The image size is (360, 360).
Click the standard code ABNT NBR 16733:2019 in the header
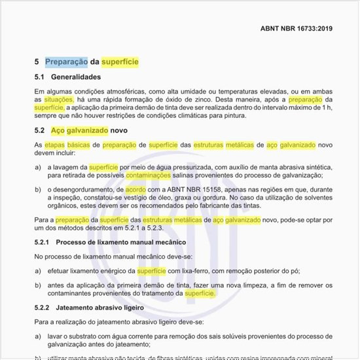click(x=297, y=29)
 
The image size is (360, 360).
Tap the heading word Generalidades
click(x=77, y=77)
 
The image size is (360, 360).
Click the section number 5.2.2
click(x=42, y=308)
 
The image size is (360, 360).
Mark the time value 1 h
click(x=327, y=107)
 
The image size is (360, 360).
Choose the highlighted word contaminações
click(x=149, y=175)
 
